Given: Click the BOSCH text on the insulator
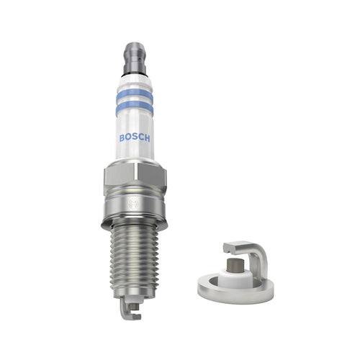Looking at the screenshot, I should point(135,138).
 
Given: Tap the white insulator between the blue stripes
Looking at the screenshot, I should point(135,99).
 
